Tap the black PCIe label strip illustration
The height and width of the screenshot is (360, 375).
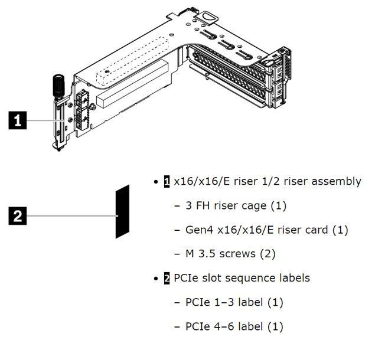point(122,211)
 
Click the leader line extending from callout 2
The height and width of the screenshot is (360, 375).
point(71,216)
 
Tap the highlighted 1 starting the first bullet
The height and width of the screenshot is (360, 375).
point(167,181)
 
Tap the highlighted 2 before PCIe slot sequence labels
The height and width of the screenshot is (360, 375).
point(167,277)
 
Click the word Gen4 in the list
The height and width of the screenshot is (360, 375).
point(198,230)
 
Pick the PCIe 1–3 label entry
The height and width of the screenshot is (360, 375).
point(234,302)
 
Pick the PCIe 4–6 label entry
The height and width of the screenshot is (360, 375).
point(234,326)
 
